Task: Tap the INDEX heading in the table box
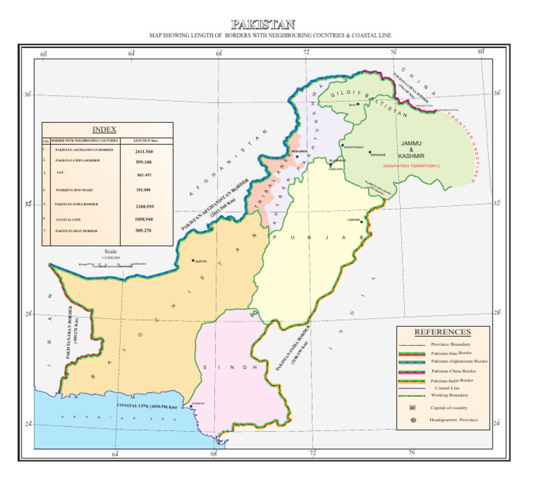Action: pyautogui.click(x=105, y=129)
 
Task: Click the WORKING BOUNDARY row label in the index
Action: pyautogui.click(x=74, y=190)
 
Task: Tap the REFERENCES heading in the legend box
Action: pyautogui.click(x=442, y=332)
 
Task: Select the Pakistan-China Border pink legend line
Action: pyautogui.click(x=412, y=370)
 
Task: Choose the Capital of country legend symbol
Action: pyautogui.click(x=412, y=407)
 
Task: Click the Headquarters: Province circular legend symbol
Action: pyautogui.click(x=412, y=420)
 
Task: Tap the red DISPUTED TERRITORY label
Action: pyautogui.click(x=411, y=166)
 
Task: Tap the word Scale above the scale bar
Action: pyautogui.click(x=110, y=251)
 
